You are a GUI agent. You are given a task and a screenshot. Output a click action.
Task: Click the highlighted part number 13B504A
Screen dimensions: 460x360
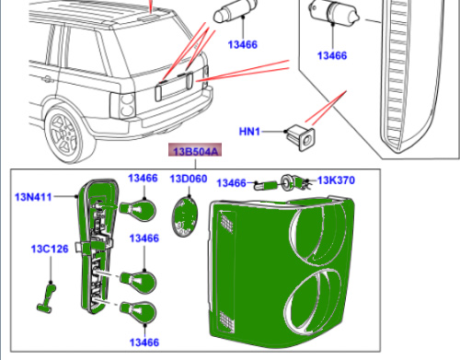(195, 151)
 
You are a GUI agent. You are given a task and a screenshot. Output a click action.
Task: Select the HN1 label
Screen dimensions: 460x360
(249, 132)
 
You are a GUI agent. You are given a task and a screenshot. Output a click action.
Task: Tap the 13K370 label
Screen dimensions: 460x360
(336, 180)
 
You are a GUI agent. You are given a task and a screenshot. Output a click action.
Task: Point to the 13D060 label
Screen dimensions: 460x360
(189, 179)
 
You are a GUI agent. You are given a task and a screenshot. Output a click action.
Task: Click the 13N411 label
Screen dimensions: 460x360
(33, 197)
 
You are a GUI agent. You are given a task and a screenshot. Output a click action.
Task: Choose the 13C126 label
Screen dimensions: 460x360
(50, 249)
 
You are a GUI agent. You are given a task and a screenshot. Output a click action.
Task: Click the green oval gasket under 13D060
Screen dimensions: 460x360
(185, 216)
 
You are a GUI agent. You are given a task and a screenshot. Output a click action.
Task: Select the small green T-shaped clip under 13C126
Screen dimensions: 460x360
(48, 298)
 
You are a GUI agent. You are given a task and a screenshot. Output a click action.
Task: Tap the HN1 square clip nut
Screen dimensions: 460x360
(301, 137)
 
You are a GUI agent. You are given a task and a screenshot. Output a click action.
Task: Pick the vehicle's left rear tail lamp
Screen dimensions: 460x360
(123, 105)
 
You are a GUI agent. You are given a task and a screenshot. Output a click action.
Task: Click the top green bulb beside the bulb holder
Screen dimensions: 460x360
(138, 210)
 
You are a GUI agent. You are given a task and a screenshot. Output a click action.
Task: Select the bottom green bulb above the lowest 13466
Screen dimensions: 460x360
(138, 312)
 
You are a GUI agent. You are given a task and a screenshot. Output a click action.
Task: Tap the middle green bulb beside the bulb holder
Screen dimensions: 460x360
(138, 282)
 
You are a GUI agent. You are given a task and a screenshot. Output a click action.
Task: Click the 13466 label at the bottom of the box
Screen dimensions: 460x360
(144, 343)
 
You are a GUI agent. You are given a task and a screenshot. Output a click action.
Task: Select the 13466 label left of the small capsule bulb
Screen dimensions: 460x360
(232, 183)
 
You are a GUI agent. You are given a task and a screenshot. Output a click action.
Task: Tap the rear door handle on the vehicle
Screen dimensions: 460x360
(47, 80)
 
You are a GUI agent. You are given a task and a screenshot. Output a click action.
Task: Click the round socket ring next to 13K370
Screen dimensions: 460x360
(287, 182)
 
